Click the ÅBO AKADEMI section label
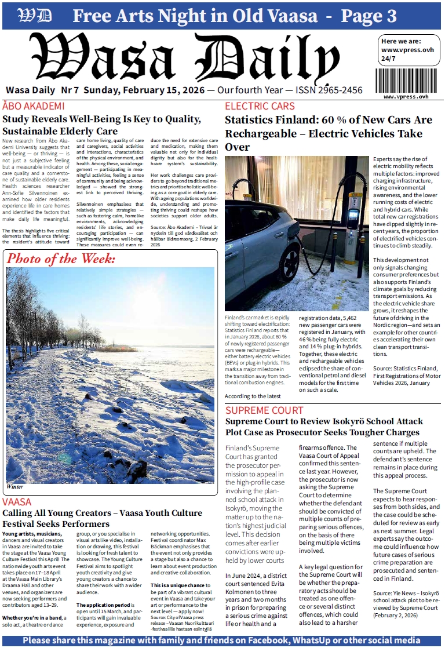(34, 106)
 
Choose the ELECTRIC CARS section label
(260, 106)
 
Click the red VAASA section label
(20, 501)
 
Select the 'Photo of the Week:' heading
(61, 259)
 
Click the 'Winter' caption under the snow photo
(15, 486)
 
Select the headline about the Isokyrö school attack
(324, 427)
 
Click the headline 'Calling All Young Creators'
(102, 519)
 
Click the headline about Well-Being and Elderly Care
(101, 125)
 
